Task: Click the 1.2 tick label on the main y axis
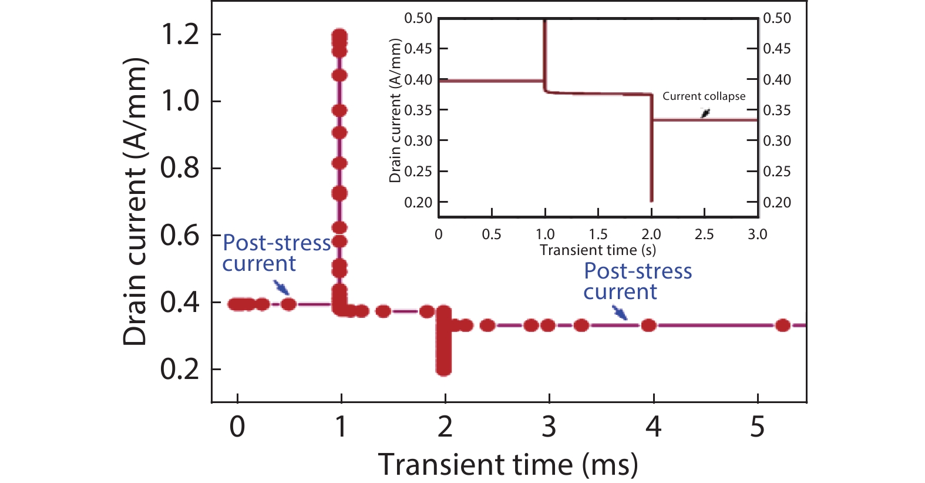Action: point(180,35)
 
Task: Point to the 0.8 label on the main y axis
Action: point(180,169)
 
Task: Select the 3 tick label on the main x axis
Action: point(549,427)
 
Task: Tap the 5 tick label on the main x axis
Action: point(757,427)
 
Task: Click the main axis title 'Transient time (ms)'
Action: point(507,465)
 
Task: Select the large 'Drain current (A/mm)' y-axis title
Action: point(135,202)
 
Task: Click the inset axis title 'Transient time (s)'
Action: point(597,250)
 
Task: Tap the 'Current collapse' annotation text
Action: point(704,96)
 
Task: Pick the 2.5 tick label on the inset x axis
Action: point(704,234)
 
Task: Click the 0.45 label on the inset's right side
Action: point(776,49)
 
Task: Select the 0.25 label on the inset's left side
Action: point(418,172)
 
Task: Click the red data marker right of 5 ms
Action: point(782,326)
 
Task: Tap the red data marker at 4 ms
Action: point(648,326)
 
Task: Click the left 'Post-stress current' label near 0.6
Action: point(276,253)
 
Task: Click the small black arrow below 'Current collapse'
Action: point(705,113)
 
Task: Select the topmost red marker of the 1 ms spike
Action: point(339,36)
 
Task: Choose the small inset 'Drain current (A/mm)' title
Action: point(395,110)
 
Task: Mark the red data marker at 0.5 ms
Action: point(288,304)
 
